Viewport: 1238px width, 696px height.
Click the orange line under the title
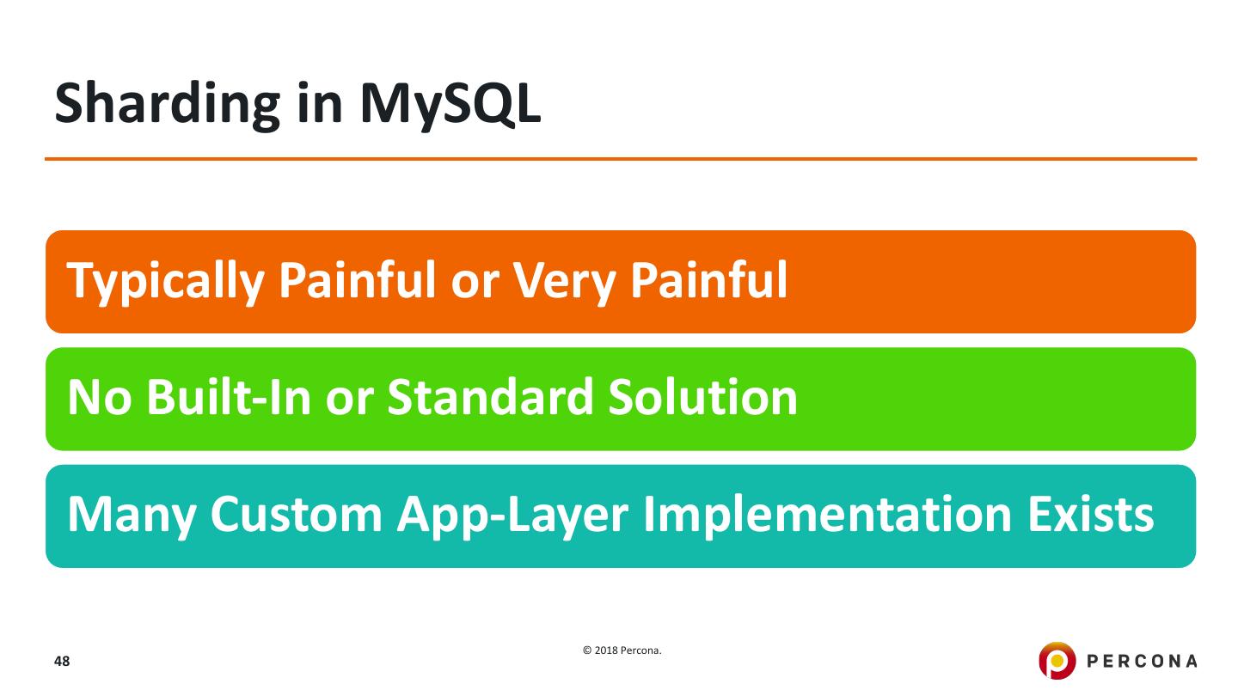(621, 159)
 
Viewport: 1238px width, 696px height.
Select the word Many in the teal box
(131, 515)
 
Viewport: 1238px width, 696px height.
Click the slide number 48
(62, 662)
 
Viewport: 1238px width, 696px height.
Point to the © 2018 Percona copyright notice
(622, 650)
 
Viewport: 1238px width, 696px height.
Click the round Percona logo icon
(1057, 661)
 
